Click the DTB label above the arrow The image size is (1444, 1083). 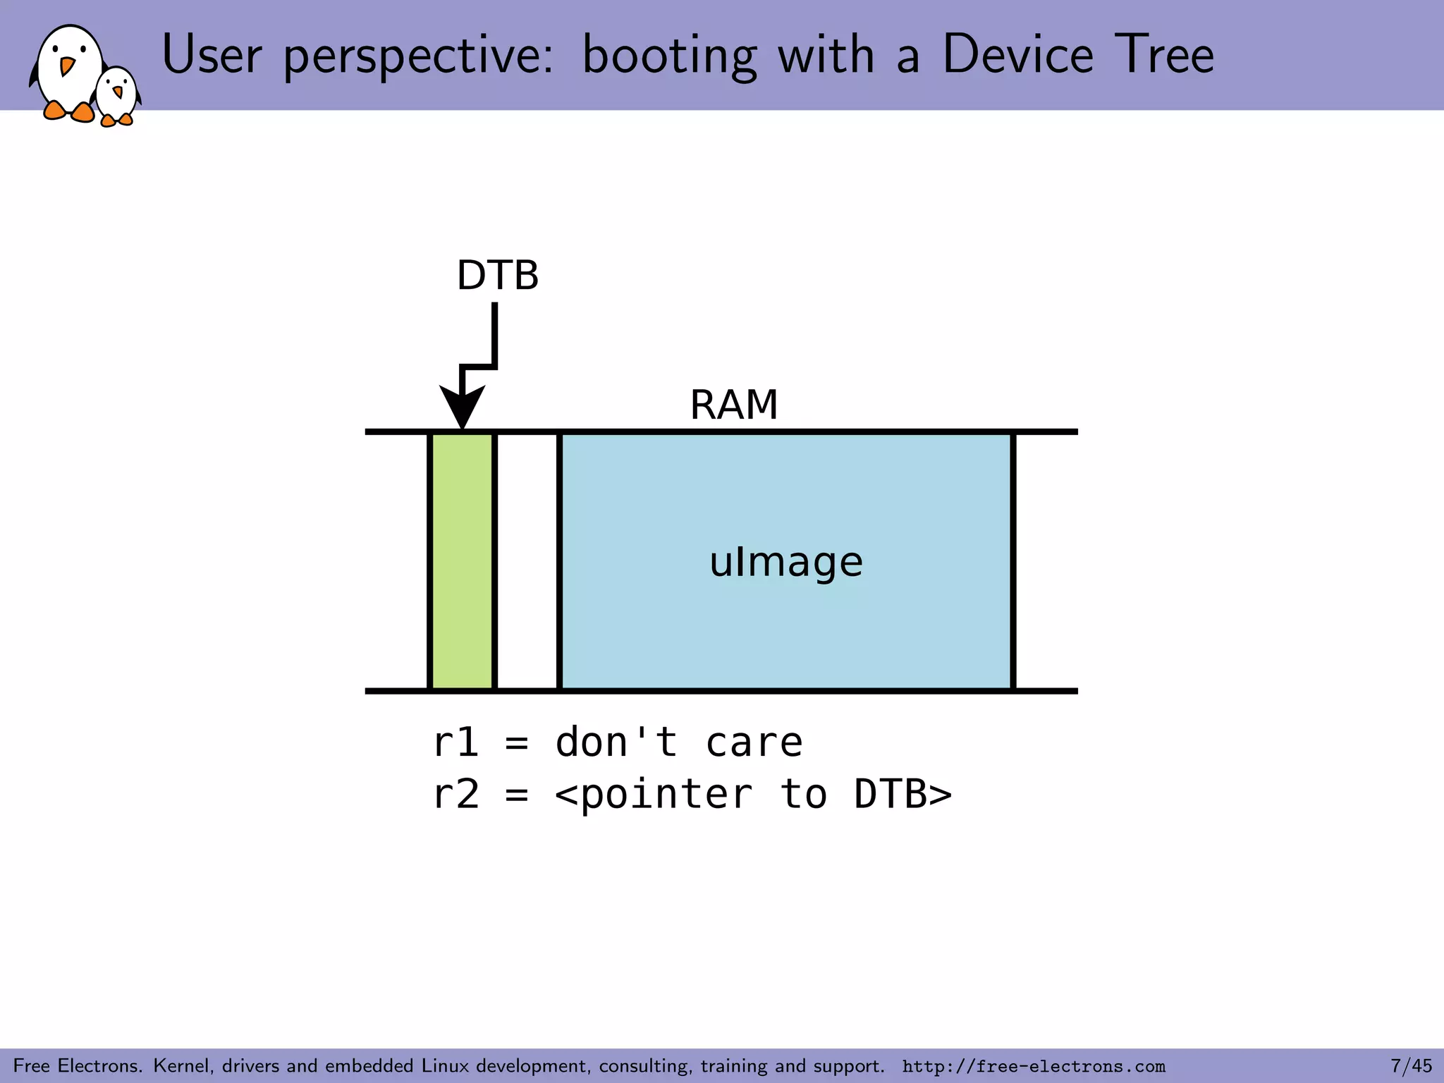click(497, 275)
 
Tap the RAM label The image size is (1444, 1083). click(733, 405)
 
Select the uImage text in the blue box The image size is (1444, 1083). click(785, 562)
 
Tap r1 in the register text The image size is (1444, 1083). click(455, 742)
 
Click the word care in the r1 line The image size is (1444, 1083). click(754, 742)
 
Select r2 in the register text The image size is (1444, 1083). click(455, 794)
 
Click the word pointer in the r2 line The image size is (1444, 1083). click(666, 795)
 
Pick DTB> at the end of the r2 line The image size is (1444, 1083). click(902, 794)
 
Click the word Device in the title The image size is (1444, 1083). click(1017, 55)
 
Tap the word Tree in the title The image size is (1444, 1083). click(1164, 55)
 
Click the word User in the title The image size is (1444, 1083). click(212, 55)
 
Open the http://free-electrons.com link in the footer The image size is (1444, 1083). click(1034, 1066)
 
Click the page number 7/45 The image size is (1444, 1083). click(1411, 1065)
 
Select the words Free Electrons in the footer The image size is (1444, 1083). click(78, 1065)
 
